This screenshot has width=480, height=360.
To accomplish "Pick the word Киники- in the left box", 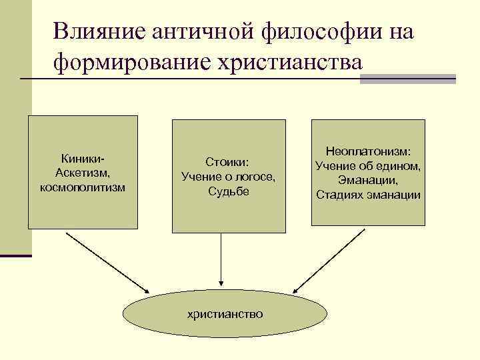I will click(83, 158).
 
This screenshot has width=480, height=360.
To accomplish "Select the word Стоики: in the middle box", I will click(227, 162).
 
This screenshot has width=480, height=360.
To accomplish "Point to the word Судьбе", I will click(227, 191).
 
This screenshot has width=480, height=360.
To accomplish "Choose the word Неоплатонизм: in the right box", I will click(368, 151).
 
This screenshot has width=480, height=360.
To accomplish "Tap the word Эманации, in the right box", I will click(368, 180).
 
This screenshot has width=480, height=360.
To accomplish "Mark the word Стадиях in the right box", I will click(337, 195).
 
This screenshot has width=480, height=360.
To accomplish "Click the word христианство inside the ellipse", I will click(225, 313).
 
